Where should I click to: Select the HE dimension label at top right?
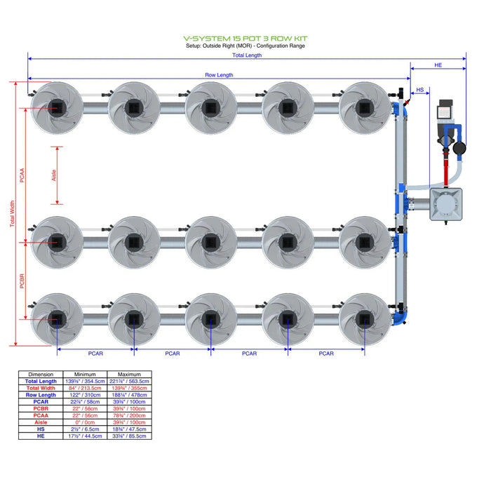[438, 65]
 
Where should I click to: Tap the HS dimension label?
[420, 90]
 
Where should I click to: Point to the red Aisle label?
[55, 174]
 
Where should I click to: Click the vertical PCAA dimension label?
[22, 175]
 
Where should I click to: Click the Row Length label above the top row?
[219, 75]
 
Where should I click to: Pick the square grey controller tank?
[447, 204]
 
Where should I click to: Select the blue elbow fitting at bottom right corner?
[402, 316]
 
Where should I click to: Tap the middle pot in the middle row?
[210, 242]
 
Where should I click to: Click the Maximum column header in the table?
[130, 375]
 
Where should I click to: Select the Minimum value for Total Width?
[87, 388]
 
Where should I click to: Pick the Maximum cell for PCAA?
[130, 415]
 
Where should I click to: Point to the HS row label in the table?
[41, 429]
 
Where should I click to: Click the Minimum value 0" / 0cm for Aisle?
[87, 422]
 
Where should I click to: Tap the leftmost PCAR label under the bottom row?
[95, 354]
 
